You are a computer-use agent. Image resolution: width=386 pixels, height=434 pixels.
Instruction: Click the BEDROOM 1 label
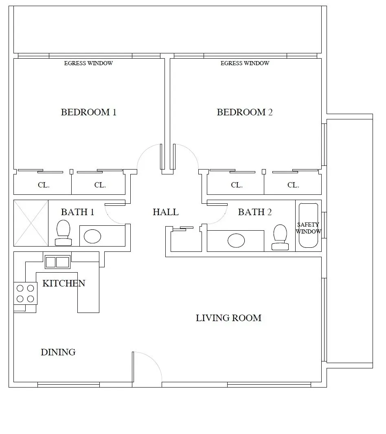click(x=88, y=112)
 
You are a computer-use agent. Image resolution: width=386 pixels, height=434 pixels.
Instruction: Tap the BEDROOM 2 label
click(x=245, y=112)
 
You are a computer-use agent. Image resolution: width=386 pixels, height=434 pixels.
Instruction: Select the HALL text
click(x=166, y=212)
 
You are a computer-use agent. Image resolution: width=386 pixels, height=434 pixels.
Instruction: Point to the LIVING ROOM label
click(x=228, y=318)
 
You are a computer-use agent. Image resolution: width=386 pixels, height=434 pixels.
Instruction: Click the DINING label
click(x=58, y=352)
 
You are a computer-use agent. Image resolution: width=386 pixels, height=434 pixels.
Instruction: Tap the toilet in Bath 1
click(x=64, y=233)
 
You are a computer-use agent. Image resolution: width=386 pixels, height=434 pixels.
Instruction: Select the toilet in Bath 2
click(x=280, y=237)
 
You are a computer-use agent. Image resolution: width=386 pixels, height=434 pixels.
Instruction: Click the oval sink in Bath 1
click(x=92, y=236)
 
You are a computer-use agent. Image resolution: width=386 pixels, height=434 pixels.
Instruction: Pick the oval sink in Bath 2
click(x=236, y=240)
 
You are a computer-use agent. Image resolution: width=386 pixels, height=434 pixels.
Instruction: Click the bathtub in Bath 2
click(x=309, y=226)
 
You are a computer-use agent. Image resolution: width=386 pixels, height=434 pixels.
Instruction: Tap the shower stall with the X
click(x=31, y=223)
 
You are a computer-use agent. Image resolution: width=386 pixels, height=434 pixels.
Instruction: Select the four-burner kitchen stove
click(x=25, y=293)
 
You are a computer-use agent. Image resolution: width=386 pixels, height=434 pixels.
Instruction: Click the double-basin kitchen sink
click(x=57, y=262)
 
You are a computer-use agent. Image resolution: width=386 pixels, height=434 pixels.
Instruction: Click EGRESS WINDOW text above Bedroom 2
click(x=245, y=64)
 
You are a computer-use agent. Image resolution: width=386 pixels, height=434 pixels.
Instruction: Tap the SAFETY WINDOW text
click(x=308, y=228)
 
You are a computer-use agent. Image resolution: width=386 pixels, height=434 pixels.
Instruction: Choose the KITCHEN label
click(x=64, y=283)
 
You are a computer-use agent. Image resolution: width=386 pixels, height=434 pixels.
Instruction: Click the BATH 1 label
click(x=77, y=212)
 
